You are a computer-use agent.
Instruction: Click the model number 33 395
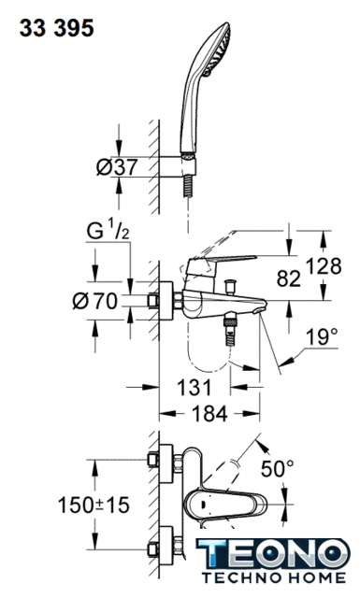pyautogui.click(x=56, y=29)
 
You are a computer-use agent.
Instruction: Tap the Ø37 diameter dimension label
pyautogui.click(x=117, y=167)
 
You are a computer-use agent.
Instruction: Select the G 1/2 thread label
pyautogui.click(x=108, y=232)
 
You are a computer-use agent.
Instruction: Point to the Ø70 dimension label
pyautogui.click(x=95, y=302)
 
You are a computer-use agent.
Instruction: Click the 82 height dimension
pyautogui.click(x=289, y=278)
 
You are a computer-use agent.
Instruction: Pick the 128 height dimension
pyautogui.click(x=324, y=266)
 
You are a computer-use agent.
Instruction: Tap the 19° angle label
pyautogui.click(x=322, y=337)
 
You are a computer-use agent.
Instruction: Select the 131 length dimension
pyautogui.click(x=194, y=388)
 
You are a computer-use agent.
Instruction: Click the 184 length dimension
pyautogui.click(x=209, y=413)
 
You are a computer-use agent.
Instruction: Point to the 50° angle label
pyautogui.click(x=277, y=468)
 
